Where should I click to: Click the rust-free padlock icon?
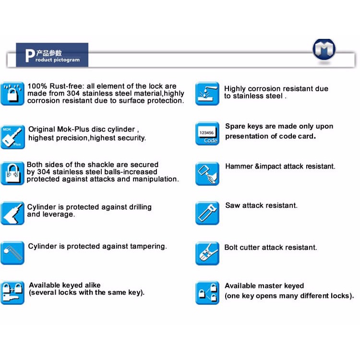(x=12, y=93)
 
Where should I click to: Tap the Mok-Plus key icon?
(x=12, y=137)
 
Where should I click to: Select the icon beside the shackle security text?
(x=12, y=173)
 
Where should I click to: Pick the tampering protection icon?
(x=12, y=253)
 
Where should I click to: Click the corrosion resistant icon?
(x=207, y=94)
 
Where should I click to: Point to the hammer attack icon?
(x=207, y=174)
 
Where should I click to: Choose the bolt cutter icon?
(x=207, y=253)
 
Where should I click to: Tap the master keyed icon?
(x=207, y=293)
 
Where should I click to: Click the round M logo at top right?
(x=324, y=49)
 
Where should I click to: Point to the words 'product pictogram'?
(x=58, y=60)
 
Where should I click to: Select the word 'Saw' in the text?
(x=232, y=205)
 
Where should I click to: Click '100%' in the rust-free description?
(x=36, y=86)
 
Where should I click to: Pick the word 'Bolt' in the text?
(x=232, y=248)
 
